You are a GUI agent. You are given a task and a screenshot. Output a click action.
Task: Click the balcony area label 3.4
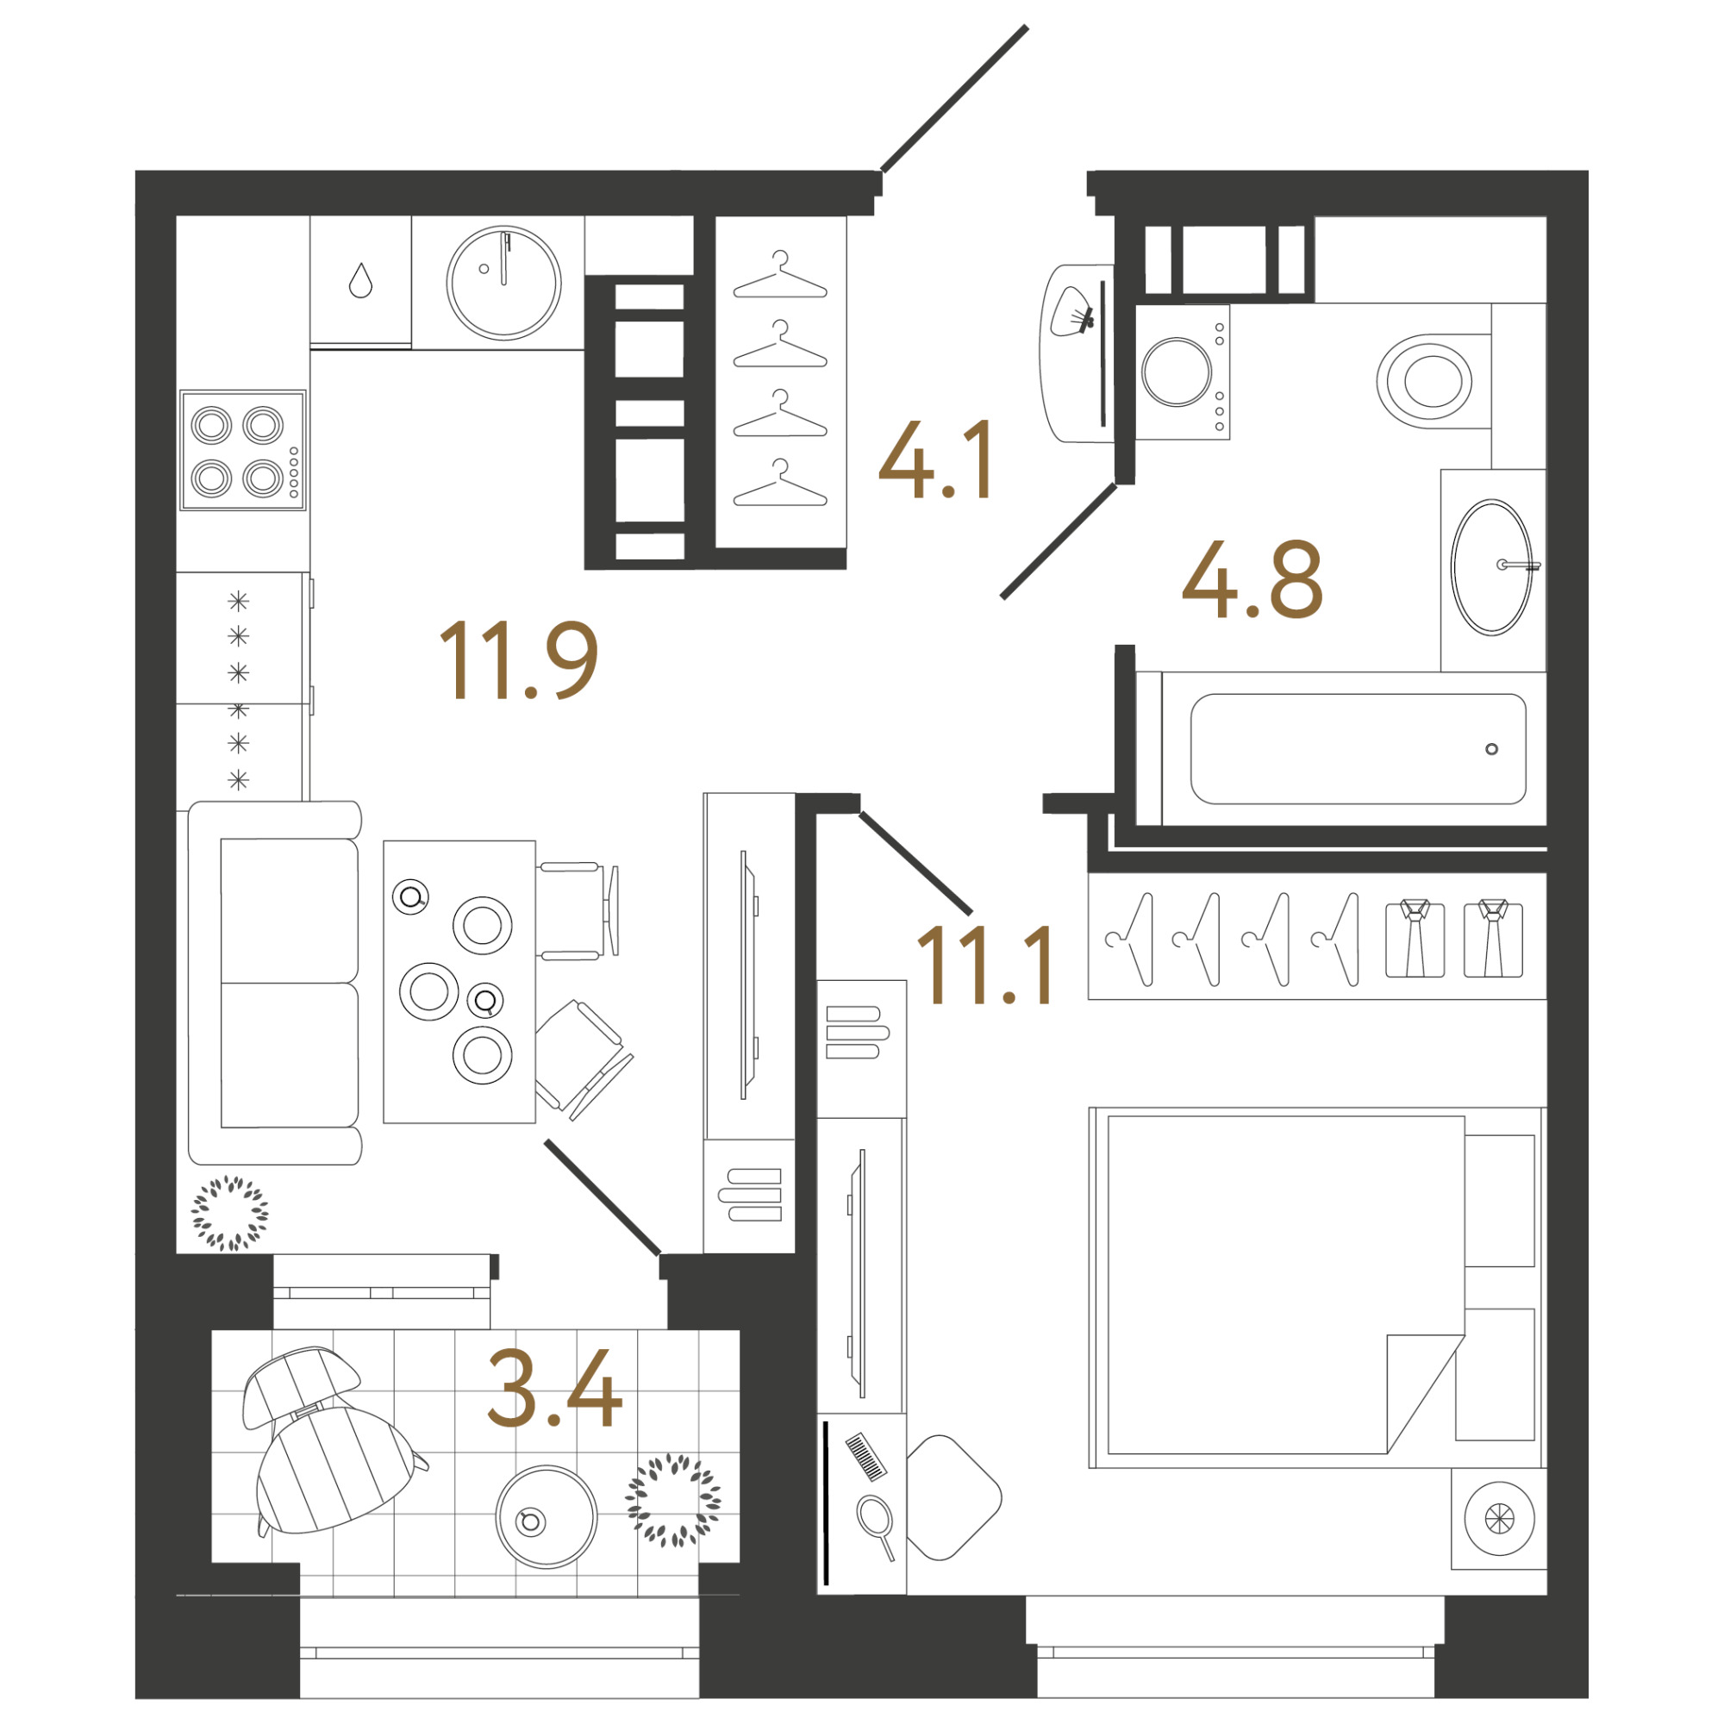(x=554, y=1388)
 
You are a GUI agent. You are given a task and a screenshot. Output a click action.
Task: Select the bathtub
(x=1358, y=749)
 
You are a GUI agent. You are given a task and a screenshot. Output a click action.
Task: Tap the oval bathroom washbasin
(x=1491, y=566)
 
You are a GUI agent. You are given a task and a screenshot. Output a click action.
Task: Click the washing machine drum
(x=1176, y=372)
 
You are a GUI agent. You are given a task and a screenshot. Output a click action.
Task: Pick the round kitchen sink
(x=504, y=282)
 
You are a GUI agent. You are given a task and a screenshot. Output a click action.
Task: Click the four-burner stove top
(x=243, y=450)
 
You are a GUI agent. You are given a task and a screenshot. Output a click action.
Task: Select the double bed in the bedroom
(x=1315, y=1288)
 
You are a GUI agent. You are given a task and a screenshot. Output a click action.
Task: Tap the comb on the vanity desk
(x=865, y=1456)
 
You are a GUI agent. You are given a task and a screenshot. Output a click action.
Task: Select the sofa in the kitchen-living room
(x=275, y=983)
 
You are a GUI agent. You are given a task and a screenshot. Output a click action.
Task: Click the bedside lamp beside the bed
(x=1499, y=1518)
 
